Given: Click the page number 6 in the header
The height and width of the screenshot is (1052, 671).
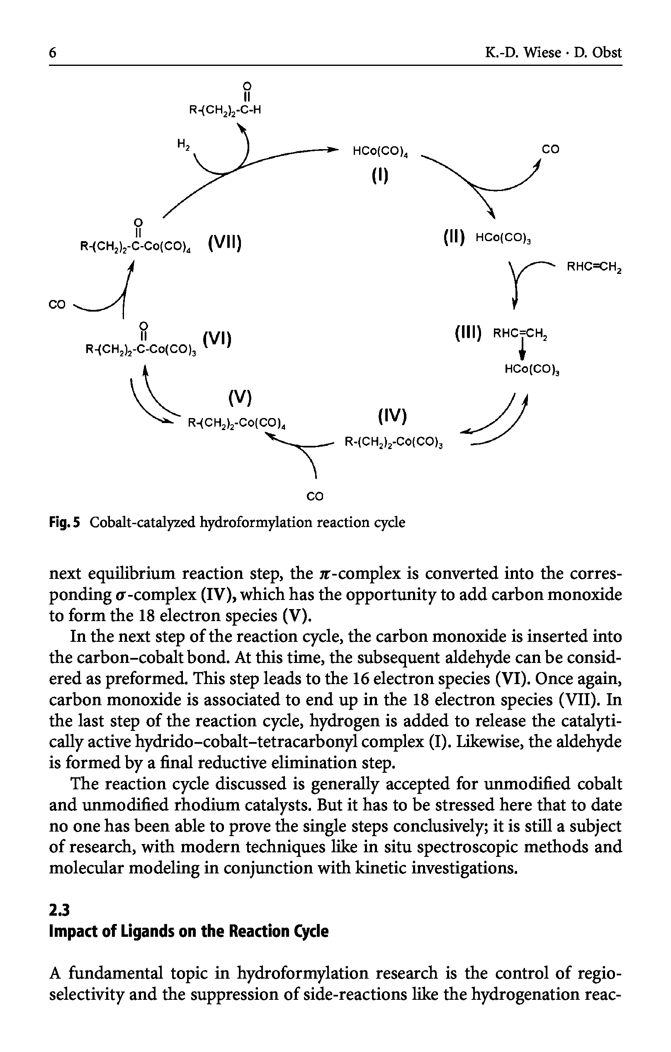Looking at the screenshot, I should pyautogui.click(x=52, y=53).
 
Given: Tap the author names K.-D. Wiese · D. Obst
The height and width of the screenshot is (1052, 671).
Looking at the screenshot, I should pyautogui.click(x=553, y=53).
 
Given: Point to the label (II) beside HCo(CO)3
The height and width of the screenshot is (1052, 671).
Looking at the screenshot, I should pyautogui.click(x=453, y=238).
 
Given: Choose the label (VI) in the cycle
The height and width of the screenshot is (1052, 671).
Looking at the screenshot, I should pyautogui.click(x=217, y=339).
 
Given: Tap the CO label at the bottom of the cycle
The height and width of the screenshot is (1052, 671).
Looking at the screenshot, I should pyautogui.click(x=315, y=496).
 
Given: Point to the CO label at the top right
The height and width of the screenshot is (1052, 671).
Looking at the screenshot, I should pyautogui.click(x=550, y=150).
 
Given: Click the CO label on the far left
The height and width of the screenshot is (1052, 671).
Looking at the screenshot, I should pyautogui.click(x=57, y=304).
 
